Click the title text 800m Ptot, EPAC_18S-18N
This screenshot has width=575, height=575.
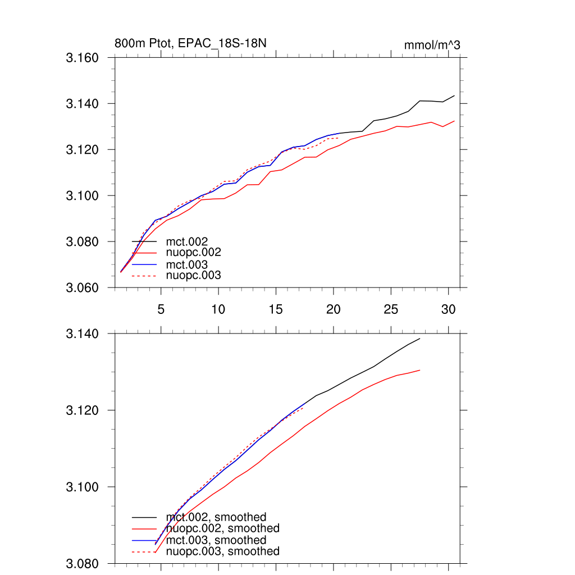(186, 43)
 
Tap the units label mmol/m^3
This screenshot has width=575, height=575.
(432, 45)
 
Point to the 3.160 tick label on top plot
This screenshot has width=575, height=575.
(83, 58)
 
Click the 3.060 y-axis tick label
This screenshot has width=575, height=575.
(83, 288)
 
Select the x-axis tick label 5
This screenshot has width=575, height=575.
(161, 309)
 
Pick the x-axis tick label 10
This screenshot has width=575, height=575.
(218, 309)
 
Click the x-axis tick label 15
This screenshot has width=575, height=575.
(276, 309)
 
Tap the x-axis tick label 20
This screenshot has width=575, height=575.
(334, 309)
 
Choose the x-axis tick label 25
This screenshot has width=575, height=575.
(391, 309)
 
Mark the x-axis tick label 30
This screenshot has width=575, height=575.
(448, 309)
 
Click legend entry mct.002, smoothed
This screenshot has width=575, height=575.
(216, 517)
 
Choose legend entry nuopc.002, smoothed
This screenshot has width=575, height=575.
(222, 528)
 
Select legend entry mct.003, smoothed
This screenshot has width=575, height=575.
(216, 540)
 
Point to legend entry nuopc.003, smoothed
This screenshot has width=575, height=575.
(222, 551)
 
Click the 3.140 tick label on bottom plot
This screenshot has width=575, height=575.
(83, 334)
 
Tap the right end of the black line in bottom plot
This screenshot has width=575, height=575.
(420, 339)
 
